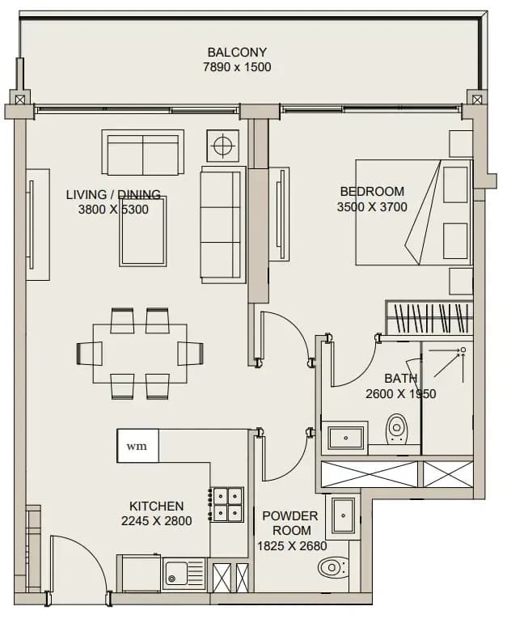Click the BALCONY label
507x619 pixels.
click(x=237, y=52)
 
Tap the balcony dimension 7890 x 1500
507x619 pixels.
click(x=237, y=67)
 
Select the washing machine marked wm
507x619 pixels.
click(x=137, y=446)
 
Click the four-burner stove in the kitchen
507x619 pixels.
click(x=226, y=504)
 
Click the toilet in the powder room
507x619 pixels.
click(x=333, y=568)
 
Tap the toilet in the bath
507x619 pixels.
click(x=395, y=428)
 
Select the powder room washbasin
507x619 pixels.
click(x=344, y=515)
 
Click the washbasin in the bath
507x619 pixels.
click(x=345, y=438)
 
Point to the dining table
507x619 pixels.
click(x=140, y=354)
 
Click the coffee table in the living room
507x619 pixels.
click(x=143, y=231)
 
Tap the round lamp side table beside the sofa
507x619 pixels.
click(x=223, y=146)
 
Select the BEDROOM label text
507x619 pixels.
click(x=372, y=192)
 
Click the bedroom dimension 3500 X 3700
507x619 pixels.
click(x=372, y=206)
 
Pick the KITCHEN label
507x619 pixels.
click(x=157, y=506)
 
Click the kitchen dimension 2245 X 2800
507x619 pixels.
click(x=157, y=521)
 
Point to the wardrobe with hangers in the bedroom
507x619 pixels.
click(x=429, y=318)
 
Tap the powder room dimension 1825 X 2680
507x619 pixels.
click(x=292, y=546)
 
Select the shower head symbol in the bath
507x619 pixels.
click(x=463, y=350)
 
